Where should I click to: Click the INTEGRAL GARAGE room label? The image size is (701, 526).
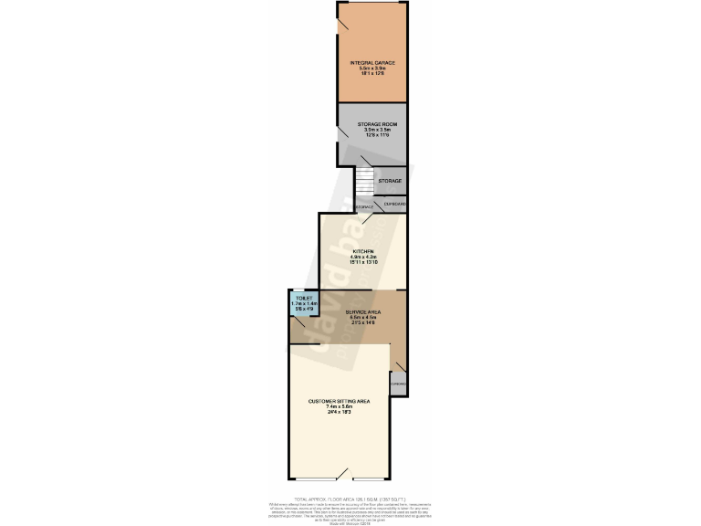[371, 63]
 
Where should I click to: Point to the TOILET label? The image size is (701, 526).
[303, 298]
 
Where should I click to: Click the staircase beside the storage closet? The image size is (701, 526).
[365, 181]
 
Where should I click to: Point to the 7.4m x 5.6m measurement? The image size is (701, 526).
[339, 407]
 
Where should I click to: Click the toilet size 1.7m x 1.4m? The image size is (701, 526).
[303, 303]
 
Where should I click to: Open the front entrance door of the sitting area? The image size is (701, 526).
[343, 476]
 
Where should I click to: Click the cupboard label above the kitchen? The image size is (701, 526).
[394, 203]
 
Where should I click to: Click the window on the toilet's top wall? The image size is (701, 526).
[303, 290]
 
